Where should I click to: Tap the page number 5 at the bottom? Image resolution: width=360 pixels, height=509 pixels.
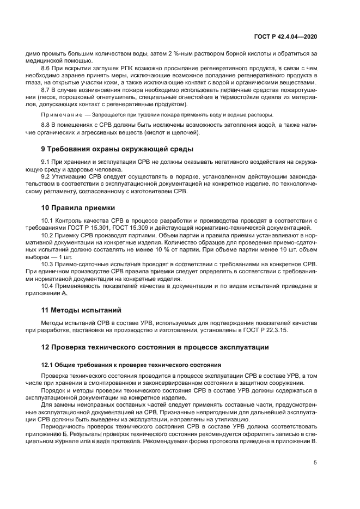point(315,463)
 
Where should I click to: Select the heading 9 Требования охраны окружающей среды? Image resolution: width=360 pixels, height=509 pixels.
point(117,149)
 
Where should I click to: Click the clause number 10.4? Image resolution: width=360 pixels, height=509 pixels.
point(48,285)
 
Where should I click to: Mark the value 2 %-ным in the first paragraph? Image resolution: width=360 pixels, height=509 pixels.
point(168,53)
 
